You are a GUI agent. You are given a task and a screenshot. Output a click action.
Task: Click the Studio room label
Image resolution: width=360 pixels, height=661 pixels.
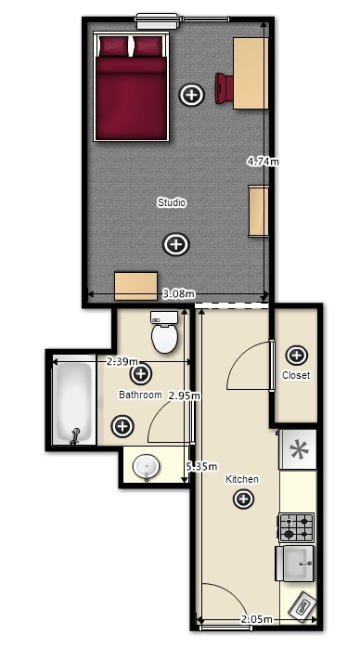point(172,202)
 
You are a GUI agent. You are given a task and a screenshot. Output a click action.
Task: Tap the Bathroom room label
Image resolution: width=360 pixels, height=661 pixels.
point(140,395)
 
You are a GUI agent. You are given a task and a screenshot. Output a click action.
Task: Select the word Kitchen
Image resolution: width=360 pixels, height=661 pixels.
point(242,479)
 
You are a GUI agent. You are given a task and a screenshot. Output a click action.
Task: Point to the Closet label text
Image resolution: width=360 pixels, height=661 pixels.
point(296,375)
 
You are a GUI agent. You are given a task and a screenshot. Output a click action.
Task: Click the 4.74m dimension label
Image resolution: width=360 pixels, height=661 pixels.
point(263,161)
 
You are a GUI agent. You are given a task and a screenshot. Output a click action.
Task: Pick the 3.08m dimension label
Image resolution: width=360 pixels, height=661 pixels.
point(179,293)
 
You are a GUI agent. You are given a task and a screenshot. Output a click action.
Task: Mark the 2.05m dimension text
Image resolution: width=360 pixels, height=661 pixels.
point(256,619)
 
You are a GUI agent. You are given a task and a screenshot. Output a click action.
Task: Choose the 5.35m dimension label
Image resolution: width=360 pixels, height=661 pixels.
point(202,466)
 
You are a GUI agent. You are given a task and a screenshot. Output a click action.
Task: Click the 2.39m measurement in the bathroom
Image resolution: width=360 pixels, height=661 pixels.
point(122,361)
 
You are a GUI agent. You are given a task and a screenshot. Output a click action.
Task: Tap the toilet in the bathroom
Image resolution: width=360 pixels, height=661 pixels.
point(164,332)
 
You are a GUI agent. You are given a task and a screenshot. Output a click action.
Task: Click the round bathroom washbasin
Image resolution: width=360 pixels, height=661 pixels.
point(147,467)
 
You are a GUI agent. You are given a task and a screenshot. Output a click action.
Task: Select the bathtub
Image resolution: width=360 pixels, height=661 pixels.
point(74,403)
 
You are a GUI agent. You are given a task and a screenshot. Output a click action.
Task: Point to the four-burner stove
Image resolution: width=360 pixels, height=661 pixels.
point(296,527)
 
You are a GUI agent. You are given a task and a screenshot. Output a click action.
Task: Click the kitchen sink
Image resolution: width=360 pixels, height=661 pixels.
point(295,564)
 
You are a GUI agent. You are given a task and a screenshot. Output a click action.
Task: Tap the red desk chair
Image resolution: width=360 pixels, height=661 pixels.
point(224,88)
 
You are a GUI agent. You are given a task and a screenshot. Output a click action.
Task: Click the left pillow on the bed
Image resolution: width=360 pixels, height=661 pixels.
point(114,45)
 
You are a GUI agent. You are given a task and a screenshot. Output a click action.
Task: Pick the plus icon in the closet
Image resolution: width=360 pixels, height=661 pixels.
point(296,356)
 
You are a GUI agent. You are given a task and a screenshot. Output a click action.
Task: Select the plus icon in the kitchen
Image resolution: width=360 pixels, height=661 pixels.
point(244,499)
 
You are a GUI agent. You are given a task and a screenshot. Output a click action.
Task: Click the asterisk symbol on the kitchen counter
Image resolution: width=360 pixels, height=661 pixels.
point(299,449)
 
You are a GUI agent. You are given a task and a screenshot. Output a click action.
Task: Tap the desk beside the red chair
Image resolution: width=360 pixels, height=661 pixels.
point(251,73)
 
